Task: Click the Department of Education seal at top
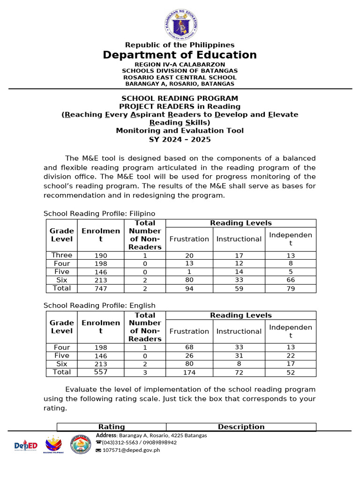pos(180,22)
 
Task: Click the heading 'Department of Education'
pos(180,55)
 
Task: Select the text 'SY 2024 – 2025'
pos(180,139)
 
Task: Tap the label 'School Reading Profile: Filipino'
pos(99,213)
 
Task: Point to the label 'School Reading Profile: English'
pos(99,305)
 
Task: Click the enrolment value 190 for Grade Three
pos(101,255)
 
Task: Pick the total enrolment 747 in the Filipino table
pos(101,289)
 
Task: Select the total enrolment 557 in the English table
pos(101,372)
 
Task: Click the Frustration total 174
pos(189,372)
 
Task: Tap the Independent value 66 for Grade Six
pos(291,280)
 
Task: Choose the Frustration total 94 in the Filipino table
pos(189,289)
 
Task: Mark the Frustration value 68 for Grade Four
pos(189,347)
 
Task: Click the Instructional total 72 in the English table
pos(239,372)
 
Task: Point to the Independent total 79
pos(291,289)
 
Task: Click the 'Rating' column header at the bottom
pos(112,427)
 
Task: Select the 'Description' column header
pos(241,427)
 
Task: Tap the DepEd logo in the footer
pos(25,445)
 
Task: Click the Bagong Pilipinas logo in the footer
pos(52,445)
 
